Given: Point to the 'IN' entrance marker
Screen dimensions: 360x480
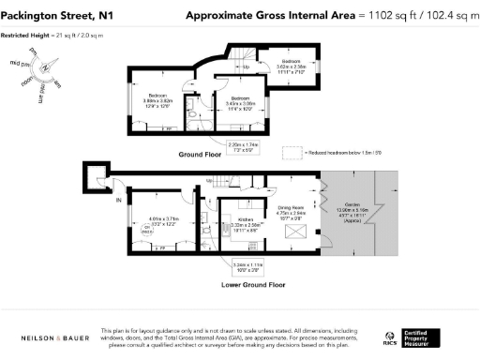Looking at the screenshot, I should pos(92,200).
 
